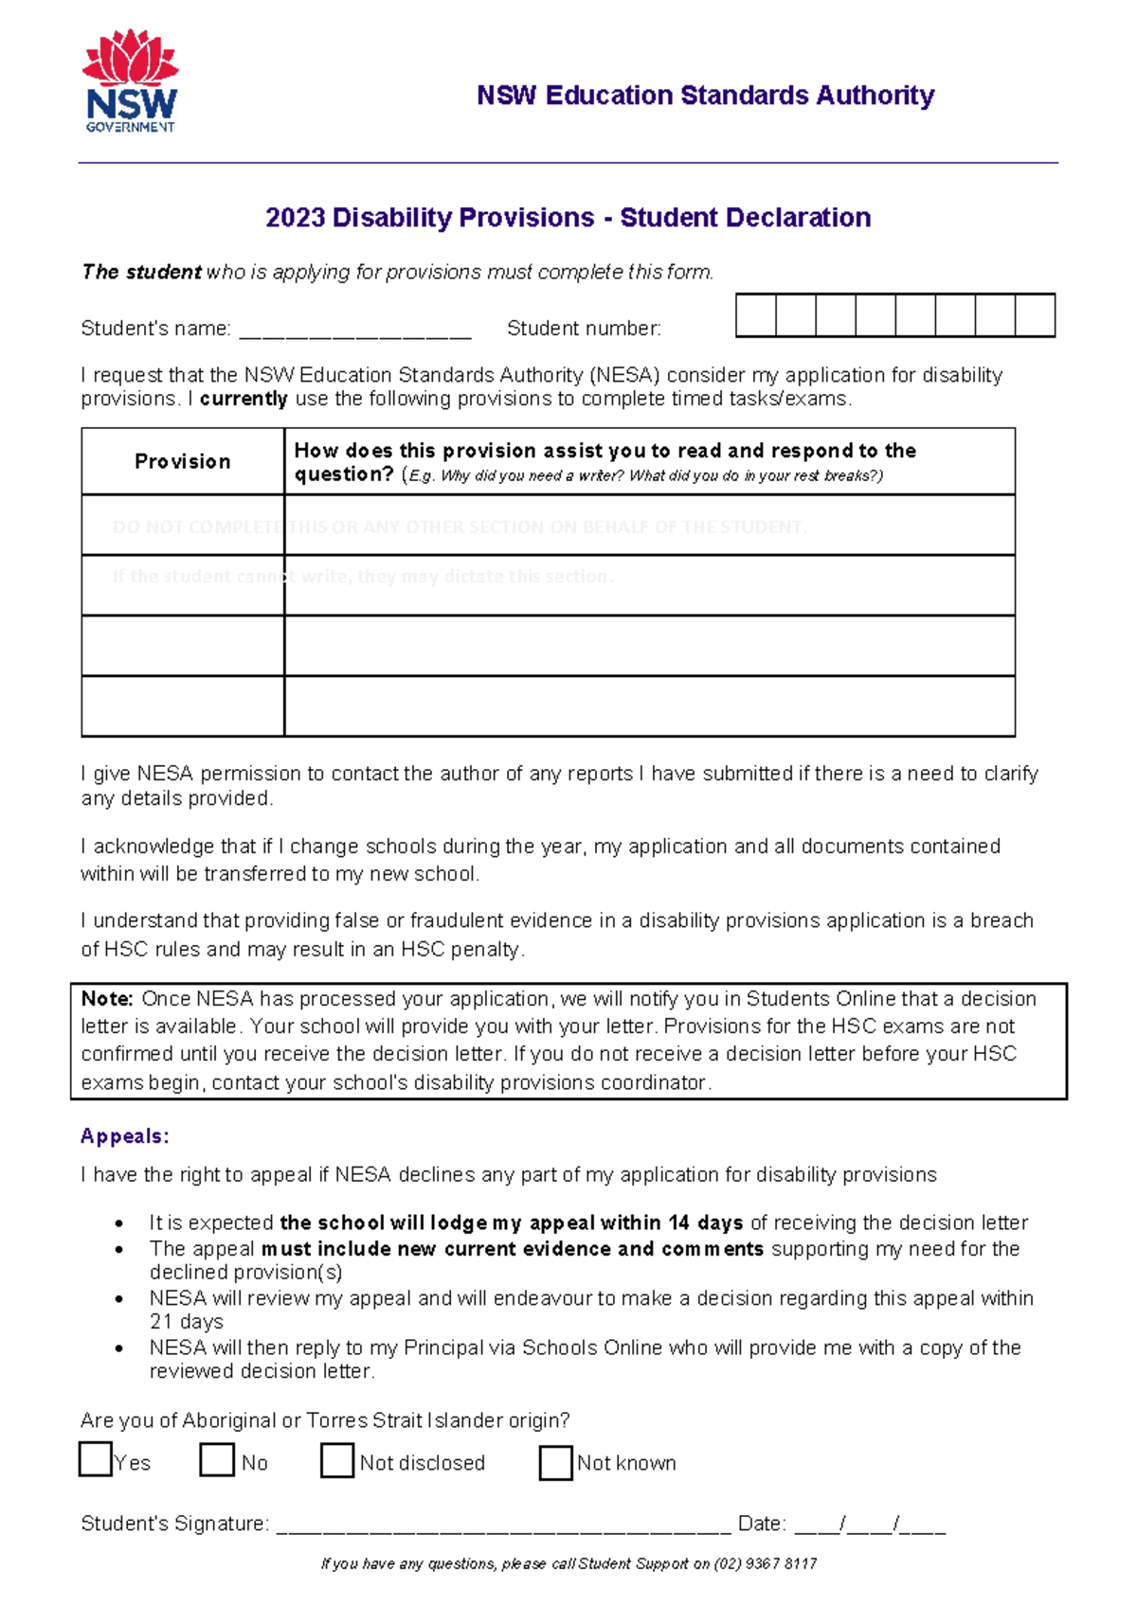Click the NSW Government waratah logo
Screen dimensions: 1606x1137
(131, 80)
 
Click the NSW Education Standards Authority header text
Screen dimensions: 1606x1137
(705, 96)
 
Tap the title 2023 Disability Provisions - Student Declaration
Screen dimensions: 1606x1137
(568, 218)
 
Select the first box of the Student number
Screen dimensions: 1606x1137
(756, 315)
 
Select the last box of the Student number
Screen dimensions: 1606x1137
(1035, 315)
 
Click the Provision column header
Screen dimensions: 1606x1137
(183, 461)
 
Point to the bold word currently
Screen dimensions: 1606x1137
(244, 399)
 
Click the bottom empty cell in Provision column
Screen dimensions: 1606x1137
(183, 705)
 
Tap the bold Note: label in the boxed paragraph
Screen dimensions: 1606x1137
(107, 999)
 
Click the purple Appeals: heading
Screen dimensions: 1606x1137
(125, 1136)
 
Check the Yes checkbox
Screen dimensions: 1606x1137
(96, 1459)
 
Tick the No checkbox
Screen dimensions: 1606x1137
(217, 1459)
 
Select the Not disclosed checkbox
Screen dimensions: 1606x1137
(337, 1460)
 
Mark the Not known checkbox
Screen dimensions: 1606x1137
(556, 1462)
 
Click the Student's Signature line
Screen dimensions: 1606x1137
(502, 1526)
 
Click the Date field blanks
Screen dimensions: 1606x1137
(870, 1526)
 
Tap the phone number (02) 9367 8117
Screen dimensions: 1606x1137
(766, 1564)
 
